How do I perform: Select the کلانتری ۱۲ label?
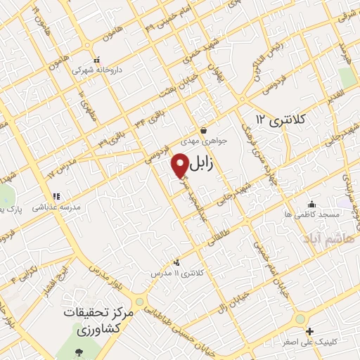tap(282, 119)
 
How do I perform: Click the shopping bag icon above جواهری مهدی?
tap(203, 130)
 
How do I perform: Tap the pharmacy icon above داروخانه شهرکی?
tap(97, 60)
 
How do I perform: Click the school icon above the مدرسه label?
tap(56, 198)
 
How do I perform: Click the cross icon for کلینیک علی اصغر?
tap(310, 331)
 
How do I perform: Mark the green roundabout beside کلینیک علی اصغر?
tap(300, 319)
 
